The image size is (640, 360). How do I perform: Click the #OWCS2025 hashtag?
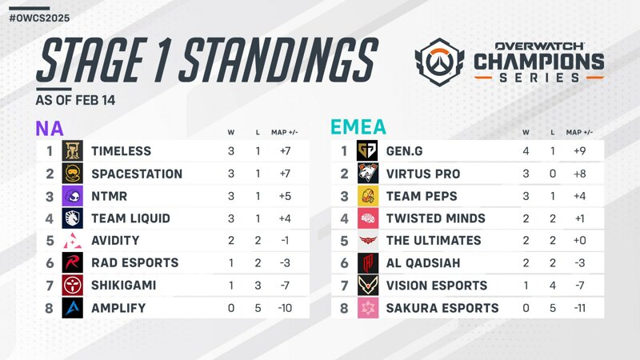coord(39,18)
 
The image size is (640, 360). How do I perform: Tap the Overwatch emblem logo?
coord(439,62)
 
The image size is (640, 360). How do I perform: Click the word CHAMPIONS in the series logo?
coord(538,62)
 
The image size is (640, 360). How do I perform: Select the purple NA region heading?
coord(50,129)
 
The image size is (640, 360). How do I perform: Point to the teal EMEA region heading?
coord(358,127)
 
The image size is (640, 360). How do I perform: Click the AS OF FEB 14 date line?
coord(75,101)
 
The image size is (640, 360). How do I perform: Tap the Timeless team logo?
coord(72,150)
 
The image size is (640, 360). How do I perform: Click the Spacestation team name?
coord(137,174)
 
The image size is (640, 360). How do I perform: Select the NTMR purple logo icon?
coord(72,196)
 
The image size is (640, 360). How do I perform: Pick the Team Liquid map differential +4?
coord(285,218)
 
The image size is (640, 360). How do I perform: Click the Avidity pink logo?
coord(72,241)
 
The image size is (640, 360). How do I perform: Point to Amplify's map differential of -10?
coord(285,308)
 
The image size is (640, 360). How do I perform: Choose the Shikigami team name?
coord(124,285)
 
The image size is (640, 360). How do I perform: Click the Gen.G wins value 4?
coord(526,151)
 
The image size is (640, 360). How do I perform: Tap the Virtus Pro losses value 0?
coord(553,174)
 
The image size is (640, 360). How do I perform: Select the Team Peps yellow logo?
coord(367,196)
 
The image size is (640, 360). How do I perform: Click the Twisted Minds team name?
coord(436,218)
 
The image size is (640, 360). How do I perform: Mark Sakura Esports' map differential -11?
coord(579,308)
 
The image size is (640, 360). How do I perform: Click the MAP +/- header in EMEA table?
coord(579,132)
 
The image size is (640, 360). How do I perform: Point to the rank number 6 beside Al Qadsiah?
coord(344,263)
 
